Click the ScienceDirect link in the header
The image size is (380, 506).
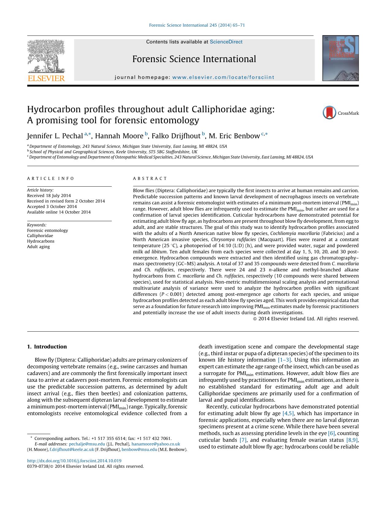[226, 42]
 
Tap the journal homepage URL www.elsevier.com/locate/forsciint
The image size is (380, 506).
[223, 77]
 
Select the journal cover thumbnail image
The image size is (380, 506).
[340, 58]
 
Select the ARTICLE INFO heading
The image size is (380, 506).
[51, 178]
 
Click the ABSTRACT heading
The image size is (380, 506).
[150, 178]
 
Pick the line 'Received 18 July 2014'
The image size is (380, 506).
[49, 195]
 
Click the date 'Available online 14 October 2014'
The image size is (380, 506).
[59, 212]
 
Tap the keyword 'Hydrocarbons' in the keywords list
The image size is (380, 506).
[41, 241]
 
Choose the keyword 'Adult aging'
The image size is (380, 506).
[38, 247]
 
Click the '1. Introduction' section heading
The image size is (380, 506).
[47, 347]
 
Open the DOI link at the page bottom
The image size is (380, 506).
[74, 461]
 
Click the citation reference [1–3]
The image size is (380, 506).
[284, 360]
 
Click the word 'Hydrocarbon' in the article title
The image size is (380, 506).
[54, 109]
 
